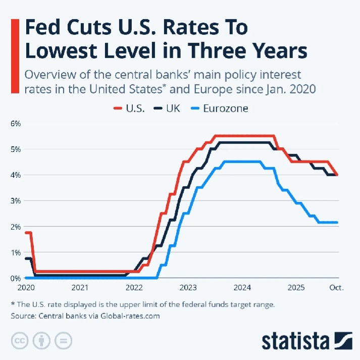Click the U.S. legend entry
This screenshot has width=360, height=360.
(131, 108)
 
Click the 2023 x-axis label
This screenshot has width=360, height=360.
(188, 288)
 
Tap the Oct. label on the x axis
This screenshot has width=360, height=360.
(337, 288)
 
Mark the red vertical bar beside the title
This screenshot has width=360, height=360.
(15, 56)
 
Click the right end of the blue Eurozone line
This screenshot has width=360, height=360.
(337, 222)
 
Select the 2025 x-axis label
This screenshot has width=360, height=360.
(296, 288)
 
